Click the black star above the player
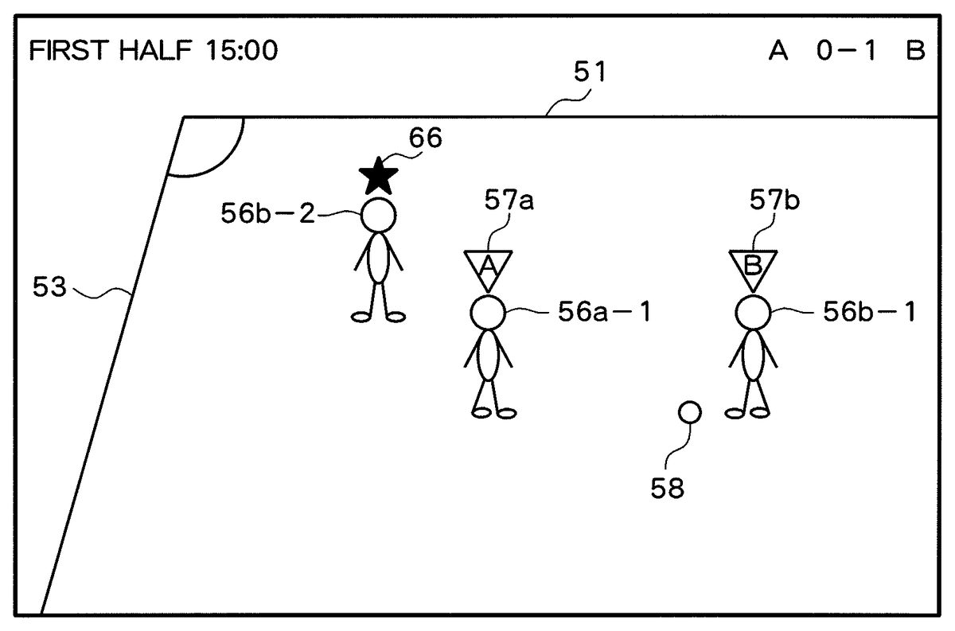[x=378, y=177]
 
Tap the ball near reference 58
[x=689, y=412]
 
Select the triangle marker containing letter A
[x=488, y=267]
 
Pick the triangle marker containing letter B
[x=753, y=267]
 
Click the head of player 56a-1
[x=487, y=313]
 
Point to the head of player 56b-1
[x=752, y=313]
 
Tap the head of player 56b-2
[x=378, y=215]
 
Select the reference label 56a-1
[x=604, y=313]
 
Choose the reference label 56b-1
[x=869, y=313]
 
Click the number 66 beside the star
[x=426, y=138]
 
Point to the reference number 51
[x=590, y=73]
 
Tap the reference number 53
[x=50, y=286]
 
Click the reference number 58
[x=667, y=488]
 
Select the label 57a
[x=509, y=201]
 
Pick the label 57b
[x=774, y=201]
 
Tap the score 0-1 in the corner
[x=846, y=52]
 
